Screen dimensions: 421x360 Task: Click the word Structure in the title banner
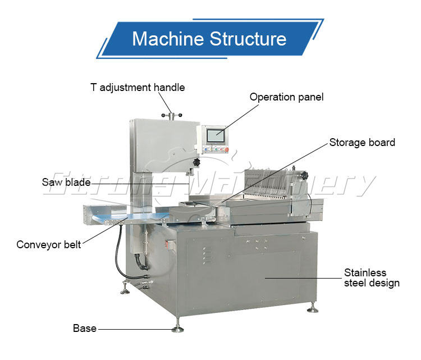click(x=248, y=39)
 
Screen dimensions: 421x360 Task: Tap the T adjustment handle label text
click(x=138, y=87)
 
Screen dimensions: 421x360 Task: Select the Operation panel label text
click(x=286, y=97)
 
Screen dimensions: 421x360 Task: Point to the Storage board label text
click(x=362, y=142)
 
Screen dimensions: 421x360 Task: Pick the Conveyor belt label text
click(x=48, y=244)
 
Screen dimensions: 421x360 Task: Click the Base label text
click(x=84, y=328)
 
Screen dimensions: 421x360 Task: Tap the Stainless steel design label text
click(x=372, y=277)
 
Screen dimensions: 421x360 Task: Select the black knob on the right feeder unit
click(x=305, y=176)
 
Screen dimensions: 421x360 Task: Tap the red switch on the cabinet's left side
click(x=167, y=244)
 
